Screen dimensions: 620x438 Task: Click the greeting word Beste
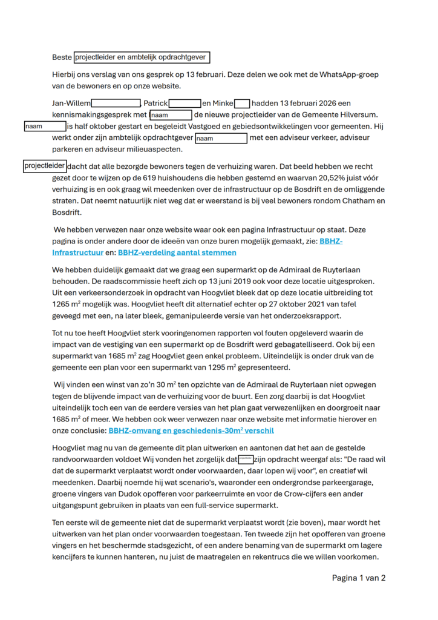coord(62,58)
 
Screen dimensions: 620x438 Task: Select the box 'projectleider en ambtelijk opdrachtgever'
coord(142,58)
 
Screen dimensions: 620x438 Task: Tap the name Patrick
coord(155,104)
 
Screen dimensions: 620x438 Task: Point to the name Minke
coord(222,104)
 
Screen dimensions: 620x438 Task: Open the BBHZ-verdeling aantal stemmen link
coord(177,252)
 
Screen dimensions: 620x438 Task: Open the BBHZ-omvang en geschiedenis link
coord(191,431)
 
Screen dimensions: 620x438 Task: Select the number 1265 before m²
coord(62,305)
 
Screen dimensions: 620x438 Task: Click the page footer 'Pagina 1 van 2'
coord(358,578)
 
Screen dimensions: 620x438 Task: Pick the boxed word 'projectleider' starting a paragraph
coord(44,166)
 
